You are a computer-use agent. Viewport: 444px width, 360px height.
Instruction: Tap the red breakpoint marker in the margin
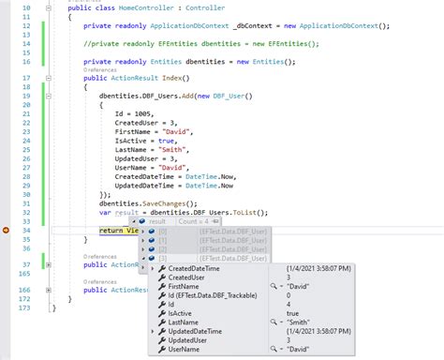(7, 229)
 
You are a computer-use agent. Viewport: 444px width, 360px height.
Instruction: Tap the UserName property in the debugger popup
(188, 351)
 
